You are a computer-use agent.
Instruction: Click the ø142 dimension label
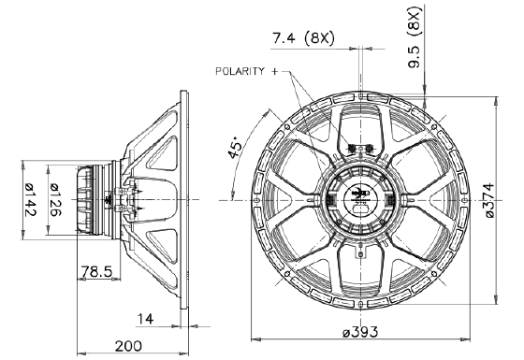(30, 199)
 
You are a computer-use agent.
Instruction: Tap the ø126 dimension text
(55, 200)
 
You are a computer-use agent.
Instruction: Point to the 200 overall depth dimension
(128, 346)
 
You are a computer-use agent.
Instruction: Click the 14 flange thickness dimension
(146, 319)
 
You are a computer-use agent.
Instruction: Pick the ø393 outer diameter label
(360, 332)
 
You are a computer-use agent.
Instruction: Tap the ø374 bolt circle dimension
(488, 200)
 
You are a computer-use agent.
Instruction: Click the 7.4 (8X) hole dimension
(303, 38)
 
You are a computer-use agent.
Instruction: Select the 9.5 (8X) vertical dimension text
(415, 37)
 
